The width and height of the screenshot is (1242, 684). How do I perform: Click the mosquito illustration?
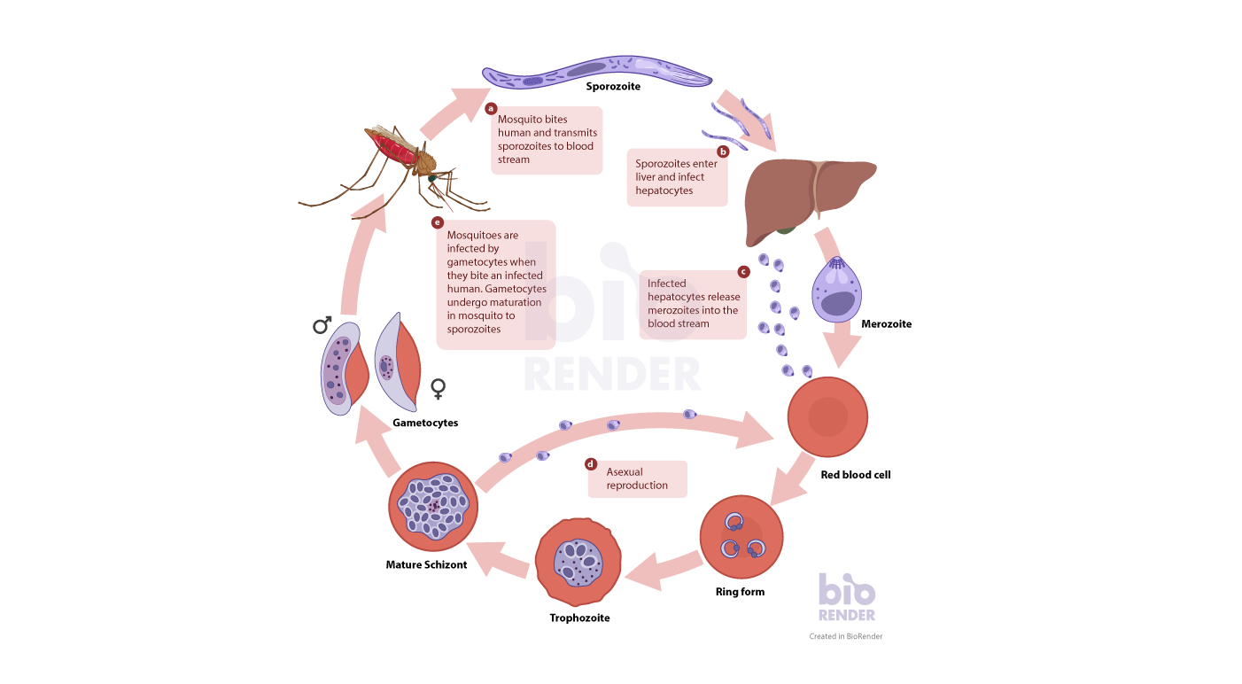tap(403, 160)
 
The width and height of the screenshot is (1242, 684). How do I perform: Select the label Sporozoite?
tap(613, 87)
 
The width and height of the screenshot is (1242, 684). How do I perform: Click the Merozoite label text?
tap(886, 324)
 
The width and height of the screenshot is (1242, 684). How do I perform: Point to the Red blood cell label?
tap(855, 475)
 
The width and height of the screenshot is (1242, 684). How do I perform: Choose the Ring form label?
tap(740, 592)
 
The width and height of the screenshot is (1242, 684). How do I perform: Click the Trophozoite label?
tap(579, 618)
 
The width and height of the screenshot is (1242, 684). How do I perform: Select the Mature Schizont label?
tap(426, 564)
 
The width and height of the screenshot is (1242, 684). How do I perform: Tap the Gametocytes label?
tap(425, 423)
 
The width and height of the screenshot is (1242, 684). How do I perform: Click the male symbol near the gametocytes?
tap(322, 326)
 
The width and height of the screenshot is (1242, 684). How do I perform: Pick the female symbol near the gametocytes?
tap(438, 388)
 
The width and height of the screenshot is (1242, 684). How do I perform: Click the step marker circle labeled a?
tap(492, 109)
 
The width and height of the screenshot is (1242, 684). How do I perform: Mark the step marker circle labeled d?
tap(591, 463)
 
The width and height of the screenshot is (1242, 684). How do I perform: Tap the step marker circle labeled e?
tap(438, 222)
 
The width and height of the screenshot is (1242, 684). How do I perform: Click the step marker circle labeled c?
tap(743, 271)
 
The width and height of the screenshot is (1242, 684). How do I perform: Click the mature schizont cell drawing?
tap(433, 506)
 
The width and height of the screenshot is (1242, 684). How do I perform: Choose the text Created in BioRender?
tap(845, 636)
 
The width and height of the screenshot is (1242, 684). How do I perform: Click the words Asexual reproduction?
tap(636, 478)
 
